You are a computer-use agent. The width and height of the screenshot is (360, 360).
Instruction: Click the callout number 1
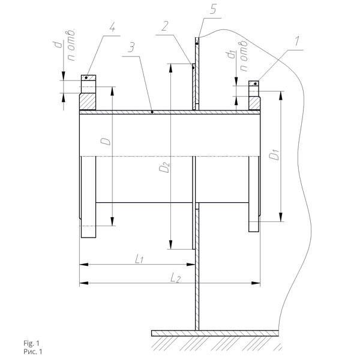(297, 41)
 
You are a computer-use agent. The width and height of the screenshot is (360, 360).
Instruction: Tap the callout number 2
(166, 26)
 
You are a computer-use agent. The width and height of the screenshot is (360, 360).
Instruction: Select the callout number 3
(132, 47)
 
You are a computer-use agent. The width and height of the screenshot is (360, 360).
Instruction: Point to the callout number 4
(112, 28)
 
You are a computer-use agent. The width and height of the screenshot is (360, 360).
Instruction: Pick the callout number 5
(213, 10)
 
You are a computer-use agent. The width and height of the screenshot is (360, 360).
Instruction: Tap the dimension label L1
(139, 259)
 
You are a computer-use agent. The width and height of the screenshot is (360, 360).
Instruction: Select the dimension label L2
(176, 278)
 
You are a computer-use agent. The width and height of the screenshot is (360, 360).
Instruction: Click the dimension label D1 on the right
(274, 155)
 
